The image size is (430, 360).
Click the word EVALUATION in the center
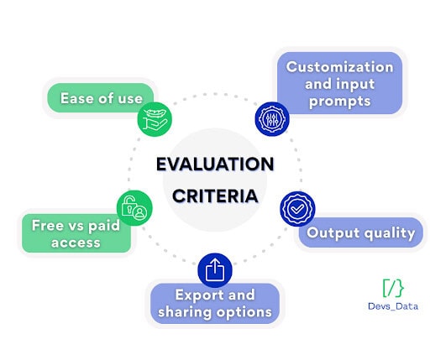(x=215, y=164)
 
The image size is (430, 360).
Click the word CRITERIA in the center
(x=215, y=196)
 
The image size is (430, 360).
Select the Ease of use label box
(x=100, y=98)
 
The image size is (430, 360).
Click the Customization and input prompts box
(x=339, y=83)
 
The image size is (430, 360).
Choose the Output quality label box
(x=361, y=232)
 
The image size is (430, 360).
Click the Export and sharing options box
(x=214, y=304)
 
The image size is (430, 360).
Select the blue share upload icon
(x=214, y=269)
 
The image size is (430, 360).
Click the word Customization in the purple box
(x=339, y=66)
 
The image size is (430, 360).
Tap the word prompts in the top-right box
(x=339, y=101)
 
